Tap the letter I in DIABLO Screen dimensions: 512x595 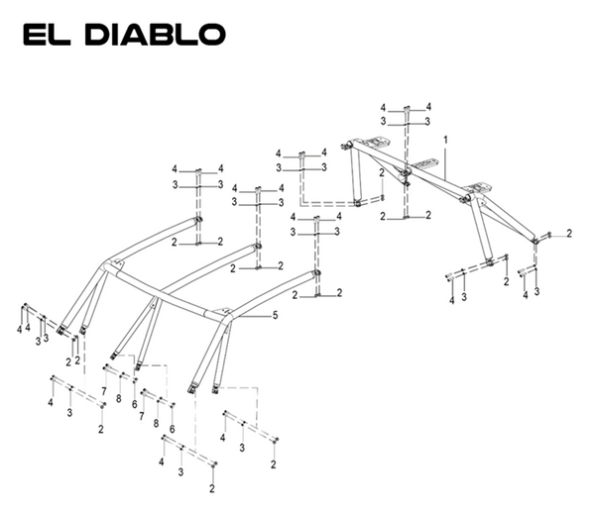click(x=119, y=33)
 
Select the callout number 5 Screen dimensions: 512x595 click(x=276, y=315)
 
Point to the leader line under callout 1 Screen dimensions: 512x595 click(x=445, y=162)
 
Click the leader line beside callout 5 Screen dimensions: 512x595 click(x=254, y=315)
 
